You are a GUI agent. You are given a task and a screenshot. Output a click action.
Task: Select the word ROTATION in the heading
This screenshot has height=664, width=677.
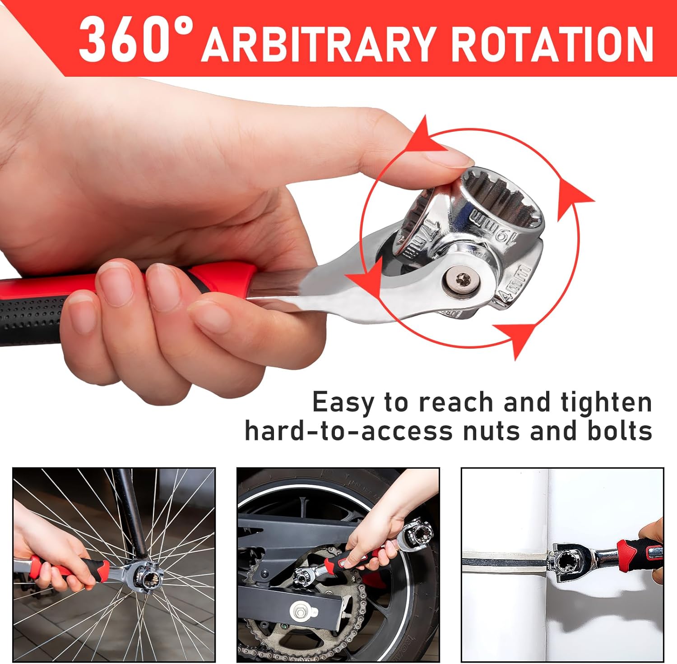(x=552, y=44)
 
